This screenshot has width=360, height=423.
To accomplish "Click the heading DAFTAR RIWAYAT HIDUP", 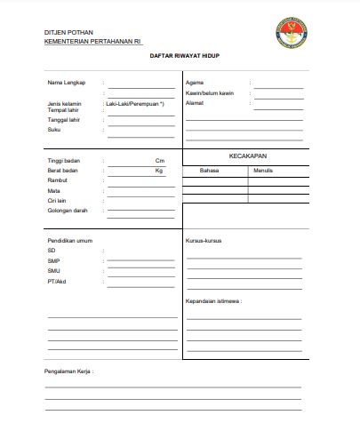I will coord(180,55).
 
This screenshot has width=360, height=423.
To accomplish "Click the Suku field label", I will coord(53,130).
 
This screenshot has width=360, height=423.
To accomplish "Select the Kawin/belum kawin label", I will coord(208,92).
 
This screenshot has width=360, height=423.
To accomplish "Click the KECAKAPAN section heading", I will coord(248,156).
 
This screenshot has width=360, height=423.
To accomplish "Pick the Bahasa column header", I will coord(209,169).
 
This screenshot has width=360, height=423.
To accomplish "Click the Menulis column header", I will coord(263,169).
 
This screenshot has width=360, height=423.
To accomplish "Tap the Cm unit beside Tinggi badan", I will coord(160,160).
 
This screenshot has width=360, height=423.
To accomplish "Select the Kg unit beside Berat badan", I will coord(159,170).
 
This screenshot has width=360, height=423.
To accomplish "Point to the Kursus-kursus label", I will coord(203,241).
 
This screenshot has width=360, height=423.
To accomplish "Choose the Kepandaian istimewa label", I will coord(213,301).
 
